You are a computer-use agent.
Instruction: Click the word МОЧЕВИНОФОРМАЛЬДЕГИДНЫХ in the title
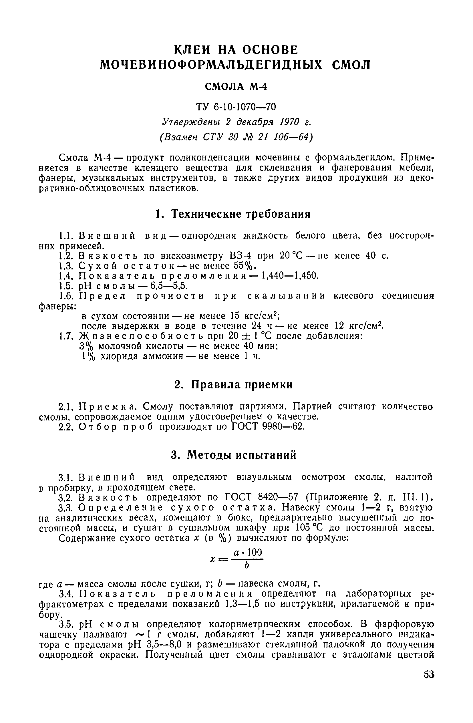211,65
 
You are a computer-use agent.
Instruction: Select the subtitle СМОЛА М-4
236,87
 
